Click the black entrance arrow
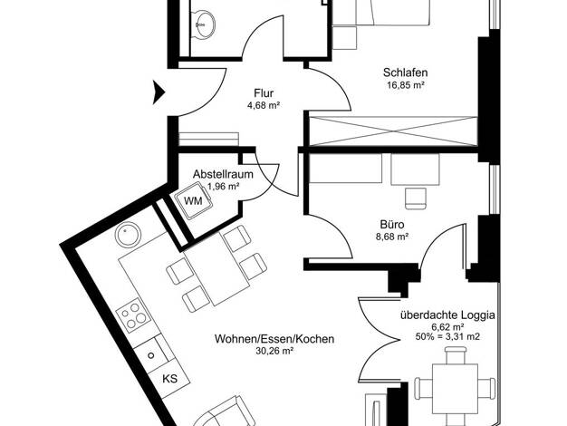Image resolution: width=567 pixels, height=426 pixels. pyautogui.click(x=159, y=92)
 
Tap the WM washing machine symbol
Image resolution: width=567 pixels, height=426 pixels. pyautogui.click(x=193, y=200)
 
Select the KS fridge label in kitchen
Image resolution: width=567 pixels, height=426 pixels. pyautogui.click(x=169, y=379)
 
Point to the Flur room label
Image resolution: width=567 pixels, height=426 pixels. pyautogui.click(x=264, y=93)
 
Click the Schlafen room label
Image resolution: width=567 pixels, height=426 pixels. pyautogui.click(x=406, y=73)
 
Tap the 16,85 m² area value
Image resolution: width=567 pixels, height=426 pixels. pyautogui.click(x=406, y=85)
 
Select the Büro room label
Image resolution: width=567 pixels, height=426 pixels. pyautogui.click(x=392, y=225)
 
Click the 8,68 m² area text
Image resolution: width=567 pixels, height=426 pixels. pyautogui.click(x=392, y=237)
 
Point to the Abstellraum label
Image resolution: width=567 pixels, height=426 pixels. pyautogui.click(x=223, y=174)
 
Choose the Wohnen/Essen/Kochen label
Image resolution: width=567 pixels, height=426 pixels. pyautogui.click(x=274, y=339)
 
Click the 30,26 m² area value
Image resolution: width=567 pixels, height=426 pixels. pyautogui.click(x=274, y=351)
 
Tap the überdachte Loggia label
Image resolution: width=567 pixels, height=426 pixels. pyautogui.click(x=447, y=315)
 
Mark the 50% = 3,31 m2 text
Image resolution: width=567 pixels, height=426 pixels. pyautogui.click(x=447, y=336)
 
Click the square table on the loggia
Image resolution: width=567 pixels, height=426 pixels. pyautogui.click(x=456, y=386)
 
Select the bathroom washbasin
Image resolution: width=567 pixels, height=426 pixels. pyautogui.click(x=203, y=24)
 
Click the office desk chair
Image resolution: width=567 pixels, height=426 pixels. pyautogui.click(x=416, y=198)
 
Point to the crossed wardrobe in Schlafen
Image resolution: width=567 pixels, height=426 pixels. pyautogui.click(x=393, y=131)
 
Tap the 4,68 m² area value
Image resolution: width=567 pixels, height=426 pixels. pyautogui.click(x=264, y=106)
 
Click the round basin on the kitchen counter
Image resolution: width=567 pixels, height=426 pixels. pyautogui.click(x=128, y=234)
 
